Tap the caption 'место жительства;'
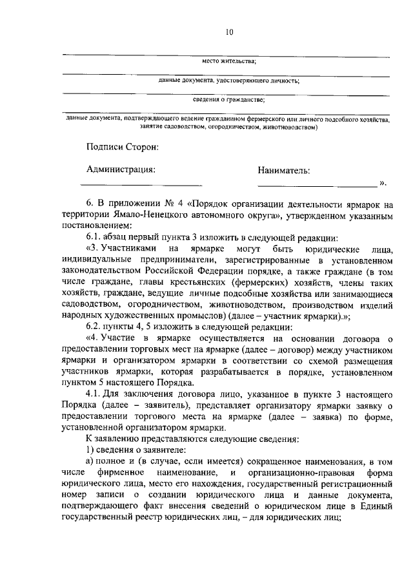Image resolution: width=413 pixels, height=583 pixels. (229, 61)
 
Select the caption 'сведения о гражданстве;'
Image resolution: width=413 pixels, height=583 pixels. (229, 99)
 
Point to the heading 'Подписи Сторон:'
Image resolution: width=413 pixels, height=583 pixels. (122, 148)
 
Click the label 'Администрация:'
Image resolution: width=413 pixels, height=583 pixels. (121, 169)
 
